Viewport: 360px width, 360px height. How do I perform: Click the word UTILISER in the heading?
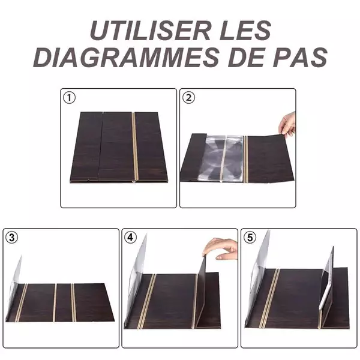151,31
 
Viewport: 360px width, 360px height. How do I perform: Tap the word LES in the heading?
245,31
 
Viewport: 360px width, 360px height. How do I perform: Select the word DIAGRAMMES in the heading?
126,57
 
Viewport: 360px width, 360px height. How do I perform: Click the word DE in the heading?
251,57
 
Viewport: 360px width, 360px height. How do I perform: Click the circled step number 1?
69,98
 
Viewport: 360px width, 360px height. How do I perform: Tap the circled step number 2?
188,98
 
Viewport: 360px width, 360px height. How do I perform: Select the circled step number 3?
11,238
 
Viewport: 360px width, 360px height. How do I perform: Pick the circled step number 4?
130,238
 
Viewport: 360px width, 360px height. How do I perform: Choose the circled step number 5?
250,238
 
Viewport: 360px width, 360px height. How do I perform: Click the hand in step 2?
287,124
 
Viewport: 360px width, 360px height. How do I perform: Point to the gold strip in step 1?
135,146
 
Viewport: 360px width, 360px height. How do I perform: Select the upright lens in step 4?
137,275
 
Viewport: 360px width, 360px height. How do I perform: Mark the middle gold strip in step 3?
55,302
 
